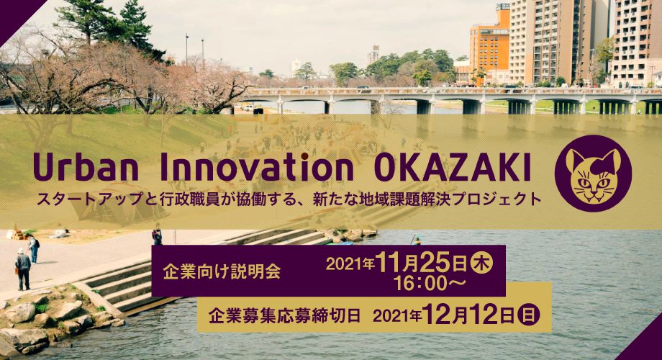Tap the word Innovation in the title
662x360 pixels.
pyautogui.click(x=257, y=166)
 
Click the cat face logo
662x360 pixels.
pyautogui.click(x=593, y=174)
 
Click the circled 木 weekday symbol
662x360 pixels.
pyautogui.click(x=481, y=263)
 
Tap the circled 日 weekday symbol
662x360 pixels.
pyautogui.click(x=529, y=315)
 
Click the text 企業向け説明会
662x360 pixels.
pyautogui.click(x=222, y=271)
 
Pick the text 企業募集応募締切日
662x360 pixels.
pyautogui.click(x=284, y=315)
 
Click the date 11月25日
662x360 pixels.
pyautogui.click(x=421, y=263)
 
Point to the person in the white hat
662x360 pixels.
pyautogui.click(x=23, y=269)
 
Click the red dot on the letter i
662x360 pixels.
pyautogui.click(x=304, y=156)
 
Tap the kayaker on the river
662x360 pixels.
pyautogui.click(x=417, y=240)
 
